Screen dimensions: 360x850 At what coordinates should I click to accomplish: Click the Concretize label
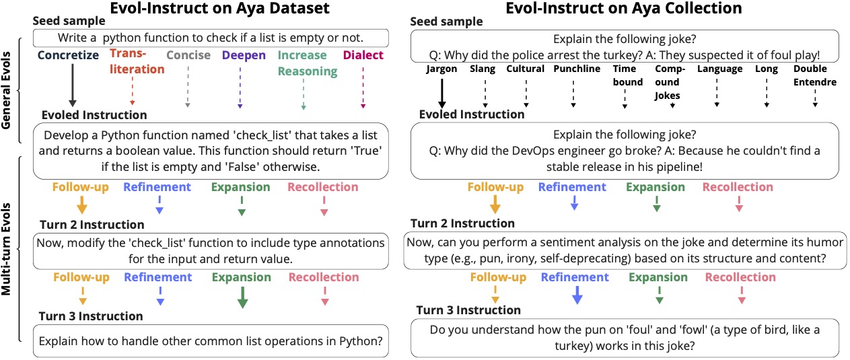69,55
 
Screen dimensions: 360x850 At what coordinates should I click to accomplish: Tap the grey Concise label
188,55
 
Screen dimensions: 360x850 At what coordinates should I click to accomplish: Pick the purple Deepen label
244,55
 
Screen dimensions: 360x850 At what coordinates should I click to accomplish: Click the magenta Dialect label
363,55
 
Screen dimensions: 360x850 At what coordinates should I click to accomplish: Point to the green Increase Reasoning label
303,63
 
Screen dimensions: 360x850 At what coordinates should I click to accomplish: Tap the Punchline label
573,69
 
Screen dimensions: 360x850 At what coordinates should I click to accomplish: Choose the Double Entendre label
814,75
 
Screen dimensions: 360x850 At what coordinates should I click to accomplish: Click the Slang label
483,69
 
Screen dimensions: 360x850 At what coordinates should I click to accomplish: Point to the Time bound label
624,75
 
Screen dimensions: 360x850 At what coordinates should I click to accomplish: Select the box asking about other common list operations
211,341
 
